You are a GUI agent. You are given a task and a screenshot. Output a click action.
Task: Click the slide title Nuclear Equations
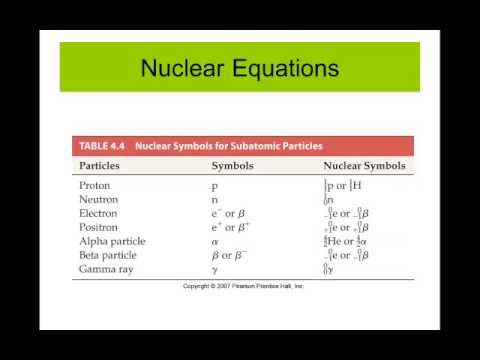(239, 69)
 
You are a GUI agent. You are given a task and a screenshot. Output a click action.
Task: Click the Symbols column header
(231, 166)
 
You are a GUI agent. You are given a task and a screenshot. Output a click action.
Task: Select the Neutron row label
(98, 200)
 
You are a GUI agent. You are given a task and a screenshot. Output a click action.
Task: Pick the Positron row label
(100, 228)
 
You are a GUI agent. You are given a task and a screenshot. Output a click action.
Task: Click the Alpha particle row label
(112, 242)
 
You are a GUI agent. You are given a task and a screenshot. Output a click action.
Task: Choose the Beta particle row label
(109, 256)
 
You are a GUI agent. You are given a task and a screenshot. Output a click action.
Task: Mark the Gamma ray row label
(106, 270)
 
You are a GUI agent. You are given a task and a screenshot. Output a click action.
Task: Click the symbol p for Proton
(214, 187)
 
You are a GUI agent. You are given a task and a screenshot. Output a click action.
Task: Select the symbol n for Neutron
(214, 200)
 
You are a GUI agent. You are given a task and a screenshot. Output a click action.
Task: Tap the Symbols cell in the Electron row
(227, 214)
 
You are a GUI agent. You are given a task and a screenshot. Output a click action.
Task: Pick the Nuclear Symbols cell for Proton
(345, 186)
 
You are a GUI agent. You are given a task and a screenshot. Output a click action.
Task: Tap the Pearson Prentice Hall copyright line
(243, 286)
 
